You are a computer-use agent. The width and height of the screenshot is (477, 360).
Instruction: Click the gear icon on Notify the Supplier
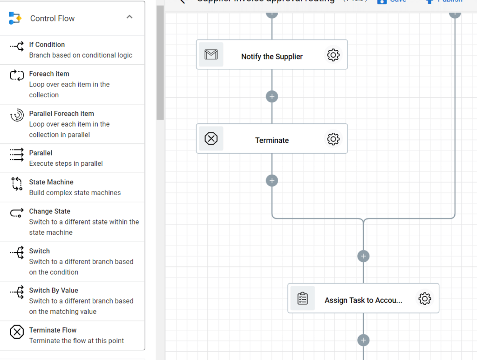tap(333, 55)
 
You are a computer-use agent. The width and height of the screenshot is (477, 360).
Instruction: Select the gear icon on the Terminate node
tap(333, 139)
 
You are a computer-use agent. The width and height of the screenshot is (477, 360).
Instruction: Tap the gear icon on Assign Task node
tap(424, 299)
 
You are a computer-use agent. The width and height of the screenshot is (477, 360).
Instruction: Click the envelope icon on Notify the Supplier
tap(211, 55)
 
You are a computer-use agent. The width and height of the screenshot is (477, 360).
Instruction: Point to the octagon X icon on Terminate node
tap(211, 139)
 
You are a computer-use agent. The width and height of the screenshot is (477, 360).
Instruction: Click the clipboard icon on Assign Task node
tap(302, 299)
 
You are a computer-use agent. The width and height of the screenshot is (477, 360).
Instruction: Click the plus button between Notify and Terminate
tap(272, 96)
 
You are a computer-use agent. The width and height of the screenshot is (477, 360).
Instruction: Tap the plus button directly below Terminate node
tap(272, 181)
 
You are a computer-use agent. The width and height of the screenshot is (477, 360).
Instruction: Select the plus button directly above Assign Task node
tap(363, 256)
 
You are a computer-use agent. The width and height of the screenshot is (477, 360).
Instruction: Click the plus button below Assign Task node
tap(363, 340)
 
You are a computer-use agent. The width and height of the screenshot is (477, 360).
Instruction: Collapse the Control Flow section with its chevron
tap(129, 17)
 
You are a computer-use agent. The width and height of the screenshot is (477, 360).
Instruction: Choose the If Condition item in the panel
tap(47, 45)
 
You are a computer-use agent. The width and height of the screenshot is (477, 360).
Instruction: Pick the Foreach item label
tap(49, 74)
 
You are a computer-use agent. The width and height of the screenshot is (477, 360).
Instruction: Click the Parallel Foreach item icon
tap(17, 115)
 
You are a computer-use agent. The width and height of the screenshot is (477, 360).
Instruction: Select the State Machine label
tap(51, 182)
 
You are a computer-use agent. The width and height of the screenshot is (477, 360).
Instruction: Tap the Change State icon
tap(17, 213)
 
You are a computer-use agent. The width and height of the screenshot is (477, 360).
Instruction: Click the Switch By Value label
tap(54, 291)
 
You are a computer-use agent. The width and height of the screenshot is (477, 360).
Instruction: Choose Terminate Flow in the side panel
tap(53, 330)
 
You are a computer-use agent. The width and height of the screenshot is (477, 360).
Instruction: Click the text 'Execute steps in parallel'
tap(66, 163)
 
